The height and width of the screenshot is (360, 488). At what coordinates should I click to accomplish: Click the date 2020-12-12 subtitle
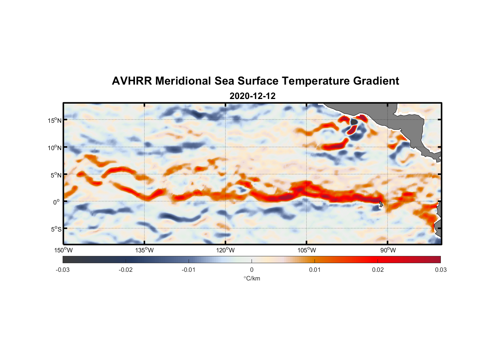[252, 96]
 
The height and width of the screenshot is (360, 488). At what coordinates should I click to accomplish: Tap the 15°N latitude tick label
[55, 120]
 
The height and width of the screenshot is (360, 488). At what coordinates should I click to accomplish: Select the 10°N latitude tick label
[55, 148]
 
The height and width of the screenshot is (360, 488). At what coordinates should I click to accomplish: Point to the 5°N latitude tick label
[56, 175]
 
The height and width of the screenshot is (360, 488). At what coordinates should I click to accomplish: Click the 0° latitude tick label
[57, 202]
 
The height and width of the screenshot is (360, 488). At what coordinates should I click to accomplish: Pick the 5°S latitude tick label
[56, 229]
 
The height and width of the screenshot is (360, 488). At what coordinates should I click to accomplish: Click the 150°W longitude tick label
[63, 250]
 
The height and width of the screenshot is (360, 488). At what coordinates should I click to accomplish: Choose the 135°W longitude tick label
[145, 250]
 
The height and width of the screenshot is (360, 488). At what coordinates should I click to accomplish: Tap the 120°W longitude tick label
[226, 250]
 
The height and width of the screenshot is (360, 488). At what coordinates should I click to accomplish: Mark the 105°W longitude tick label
[307, 250]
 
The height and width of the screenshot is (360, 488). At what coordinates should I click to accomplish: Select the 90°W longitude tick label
[388, 250]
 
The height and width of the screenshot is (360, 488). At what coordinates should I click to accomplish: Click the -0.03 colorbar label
[63, 270]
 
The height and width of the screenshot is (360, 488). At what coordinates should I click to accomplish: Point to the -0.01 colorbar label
[189, 270]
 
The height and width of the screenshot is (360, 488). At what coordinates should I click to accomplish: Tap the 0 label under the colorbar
[252, 270]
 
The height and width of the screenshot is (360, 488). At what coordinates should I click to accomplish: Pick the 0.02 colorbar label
[378, 270]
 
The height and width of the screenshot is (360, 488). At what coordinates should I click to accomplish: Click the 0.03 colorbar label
[441, 270]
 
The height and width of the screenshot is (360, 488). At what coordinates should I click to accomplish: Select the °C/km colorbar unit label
[252, 278]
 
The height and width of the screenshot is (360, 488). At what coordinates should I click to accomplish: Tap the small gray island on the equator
[381, 204]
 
